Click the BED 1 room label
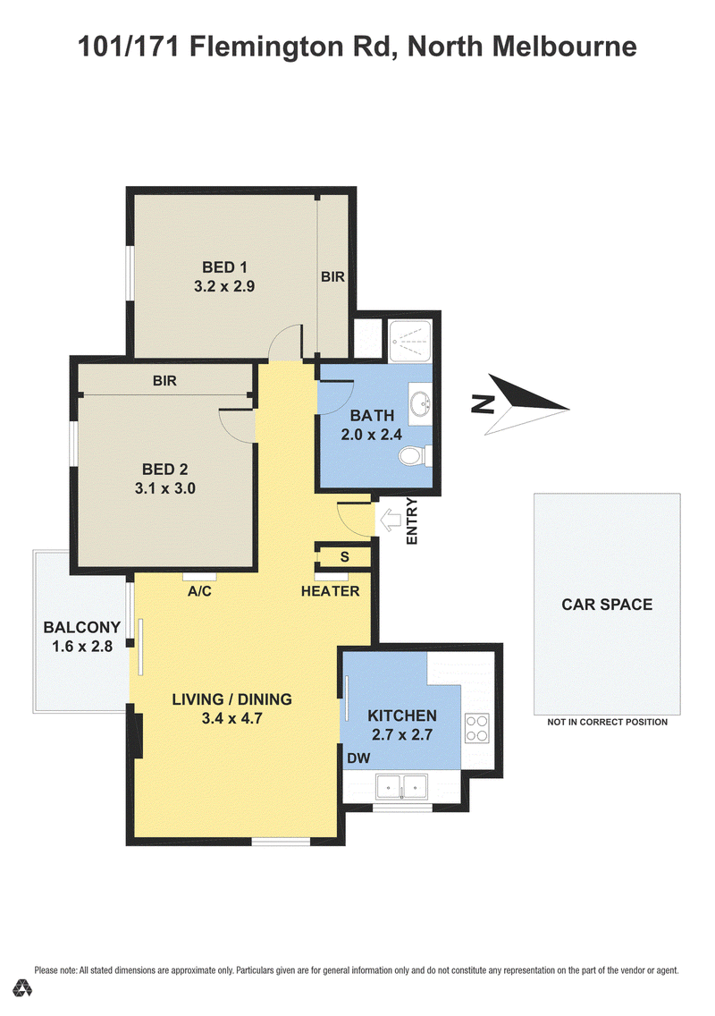224,267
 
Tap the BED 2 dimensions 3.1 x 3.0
165,488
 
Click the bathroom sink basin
421,403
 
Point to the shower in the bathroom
410,341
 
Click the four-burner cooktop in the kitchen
476,728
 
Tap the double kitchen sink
401,787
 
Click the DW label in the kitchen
358,758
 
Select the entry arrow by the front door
390,519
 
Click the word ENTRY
411,521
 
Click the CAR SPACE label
607,605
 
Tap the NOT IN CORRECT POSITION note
607,722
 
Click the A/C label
199,591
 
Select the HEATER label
331,591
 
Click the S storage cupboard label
345,556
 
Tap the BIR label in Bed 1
332,276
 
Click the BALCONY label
82,627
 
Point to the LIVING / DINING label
231,699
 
